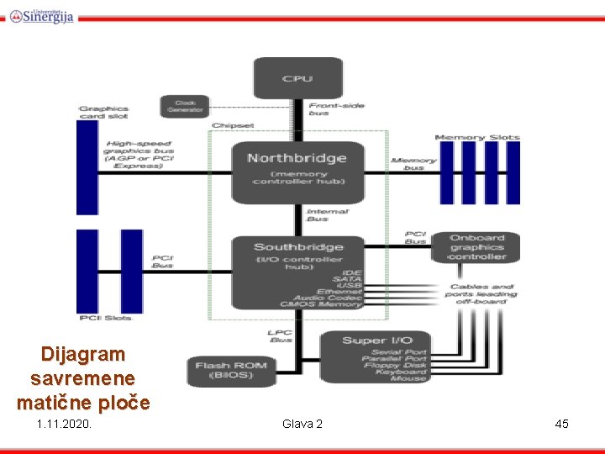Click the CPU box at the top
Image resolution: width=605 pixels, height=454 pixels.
pos(297,77)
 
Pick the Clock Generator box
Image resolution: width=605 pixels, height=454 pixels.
pos(185,107)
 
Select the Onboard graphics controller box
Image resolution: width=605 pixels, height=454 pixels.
pos(476,246)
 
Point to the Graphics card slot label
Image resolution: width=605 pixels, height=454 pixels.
pos(104,112)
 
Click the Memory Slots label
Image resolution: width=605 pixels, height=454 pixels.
pos(476,137)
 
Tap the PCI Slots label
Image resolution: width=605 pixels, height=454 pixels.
pos(105,318)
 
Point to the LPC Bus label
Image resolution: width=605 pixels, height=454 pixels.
pos(281,336)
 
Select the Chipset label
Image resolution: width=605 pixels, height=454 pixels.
pos(233,125)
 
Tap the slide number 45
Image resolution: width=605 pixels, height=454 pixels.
pos(561,424)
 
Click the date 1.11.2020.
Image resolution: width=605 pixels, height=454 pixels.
pos(65,424)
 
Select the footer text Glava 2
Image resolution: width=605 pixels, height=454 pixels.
pos(302,424)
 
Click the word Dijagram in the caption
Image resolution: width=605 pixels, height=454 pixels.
pos(82,354)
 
